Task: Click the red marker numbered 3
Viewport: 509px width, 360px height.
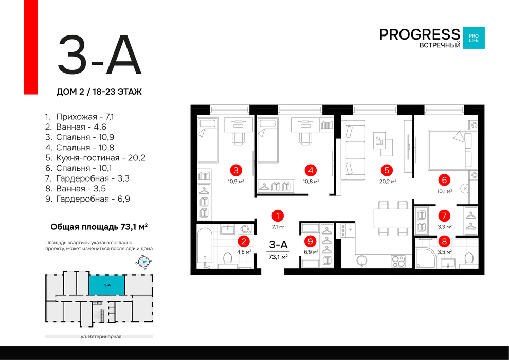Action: (236, 170)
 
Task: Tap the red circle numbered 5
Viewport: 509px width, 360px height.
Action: (387, 170)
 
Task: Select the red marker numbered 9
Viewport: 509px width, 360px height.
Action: (311, 241)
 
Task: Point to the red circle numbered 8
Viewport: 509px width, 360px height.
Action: (444, 241)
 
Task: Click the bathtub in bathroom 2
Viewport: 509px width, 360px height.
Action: (205, 248)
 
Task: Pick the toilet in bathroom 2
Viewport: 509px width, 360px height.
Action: (228, 259)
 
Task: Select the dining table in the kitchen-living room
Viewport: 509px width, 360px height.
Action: (393, 219)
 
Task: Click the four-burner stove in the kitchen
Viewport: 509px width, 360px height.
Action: (398, 261)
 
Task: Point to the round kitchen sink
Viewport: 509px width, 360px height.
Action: (361, 260)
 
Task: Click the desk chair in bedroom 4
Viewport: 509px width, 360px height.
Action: (305, 139)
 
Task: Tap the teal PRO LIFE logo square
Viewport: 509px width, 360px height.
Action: (474, 38)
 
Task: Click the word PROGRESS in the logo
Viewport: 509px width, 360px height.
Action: (420, 34)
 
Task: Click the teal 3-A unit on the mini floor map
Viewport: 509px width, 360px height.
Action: (107, 285)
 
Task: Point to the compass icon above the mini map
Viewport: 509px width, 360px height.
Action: (143, 262)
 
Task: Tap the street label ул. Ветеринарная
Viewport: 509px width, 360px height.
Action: (101, 337)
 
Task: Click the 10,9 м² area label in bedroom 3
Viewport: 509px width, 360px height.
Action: (236, 182)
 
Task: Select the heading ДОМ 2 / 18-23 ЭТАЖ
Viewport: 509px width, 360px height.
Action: (99, 92)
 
